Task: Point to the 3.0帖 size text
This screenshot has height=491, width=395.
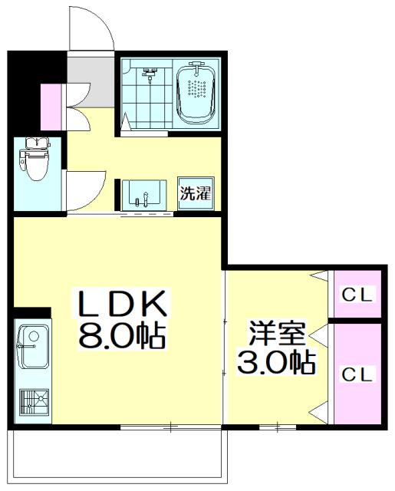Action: pos(276,362)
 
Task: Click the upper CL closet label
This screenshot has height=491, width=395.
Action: pos(357,293)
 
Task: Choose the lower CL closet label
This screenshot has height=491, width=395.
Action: pos(357,374)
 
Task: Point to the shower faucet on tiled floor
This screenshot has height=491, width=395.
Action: pos(150,74)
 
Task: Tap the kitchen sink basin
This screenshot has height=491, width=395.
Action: pos(32,344)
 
